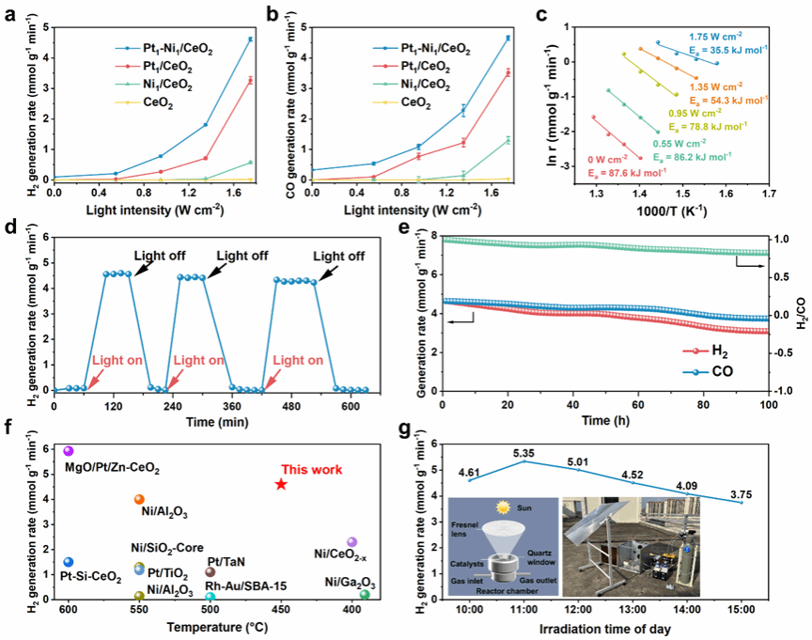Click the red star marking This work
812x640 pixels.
[x=280, y=484]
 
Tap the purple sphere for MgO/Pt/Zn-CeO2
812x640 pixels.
[x=68, y=452]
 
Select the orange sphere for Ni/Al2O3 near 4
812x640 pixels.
[x=139, y=500]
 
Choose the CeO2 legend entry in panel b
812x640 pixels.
[x=416, y=106]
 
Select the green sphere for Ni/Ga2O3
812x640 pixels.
[x=365, y=594]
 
